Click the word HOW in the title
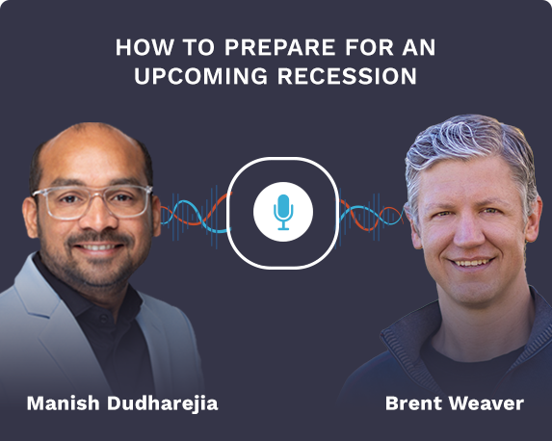click(137, 47)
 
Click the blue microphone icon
click(282, 211)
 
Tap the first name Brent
click(412, 402)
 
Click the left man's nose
click(96, 221)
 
